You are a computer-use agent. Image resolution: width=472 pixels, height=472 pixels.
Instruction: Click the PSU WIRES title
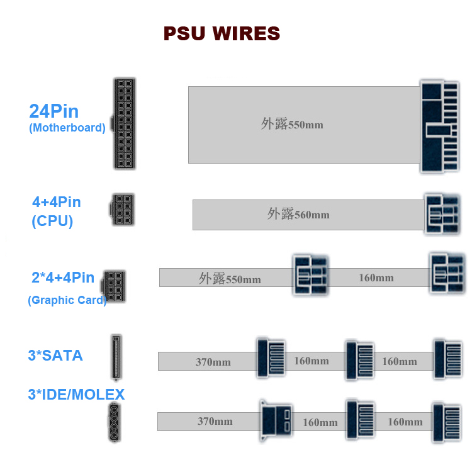[222, 33]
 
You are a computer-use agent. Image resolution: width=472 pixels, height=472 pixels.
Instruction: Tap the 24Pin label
[54, 111]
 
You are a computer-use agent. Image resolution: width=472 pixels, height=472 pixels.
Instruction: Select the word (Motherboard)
[67, 128]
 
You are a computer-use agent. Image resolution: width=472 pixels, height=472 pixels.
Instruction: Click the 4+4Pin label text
[57, 202]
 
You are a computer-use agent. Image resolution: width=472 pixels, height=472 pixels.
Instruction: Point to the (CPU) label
[52, 221]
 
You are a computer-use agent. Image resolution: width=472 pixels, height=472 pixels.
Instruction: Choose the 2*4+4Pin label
[63, 278]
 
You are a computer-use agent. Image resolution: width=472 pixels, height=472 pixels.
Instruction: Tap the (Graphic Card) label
[67, 300]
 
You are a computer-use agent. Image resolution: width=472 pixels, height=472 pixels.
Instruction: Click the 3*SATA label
[55, 356]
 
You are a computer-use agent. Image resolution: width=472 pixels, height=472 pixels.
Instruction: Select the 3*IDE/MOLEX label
[76, 395]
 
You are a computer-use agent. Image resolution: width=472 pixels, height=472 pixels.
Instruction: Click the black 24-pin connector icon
[124, 123]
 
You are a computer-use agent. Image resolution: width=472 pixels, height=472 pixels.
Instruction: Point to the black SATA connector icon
[116, 357]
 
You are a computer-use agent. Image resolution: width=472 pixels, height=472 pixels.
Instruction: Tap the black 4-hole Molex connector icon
[115, 422]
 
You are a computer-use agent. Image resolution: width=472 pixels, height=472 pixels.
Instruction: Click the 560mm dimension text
[312, 215]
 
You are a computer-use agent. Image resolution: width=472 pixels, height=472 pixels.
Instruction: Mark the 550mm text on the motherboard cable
[305, 125]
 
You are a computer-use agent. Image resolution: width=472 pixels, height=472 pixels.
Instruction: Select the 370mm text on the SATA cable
[213, 362]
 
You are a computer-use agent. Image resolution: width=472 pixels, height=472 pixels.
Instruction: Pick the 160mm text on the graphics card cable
[376, 278]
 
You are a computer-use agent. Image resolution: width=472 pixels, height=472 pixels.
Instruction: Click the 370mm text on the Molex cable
[215, 421]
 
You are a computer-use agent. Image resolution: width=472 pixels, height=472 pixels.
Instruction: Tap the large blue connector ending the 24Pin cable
[440, 126]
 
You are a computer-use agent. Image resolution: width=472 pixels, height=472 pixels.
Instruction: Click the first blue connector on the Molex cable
[276, 421]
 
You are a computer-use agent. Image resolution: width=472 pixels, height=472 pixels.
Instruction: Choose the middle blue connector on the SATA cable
[360, 361]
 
